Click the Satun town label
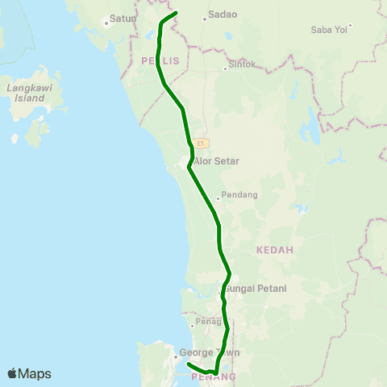[x=123, y=18]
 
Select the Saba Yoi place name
[x=329, y=30]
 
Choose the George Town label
[x=209, y=352]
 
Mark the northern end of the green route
[x=176, y=14]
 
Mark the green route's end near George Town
[x=188, y=364]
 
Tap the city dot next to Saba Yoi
[x=350, y=26]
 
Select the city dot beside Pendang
[x=218, y=196]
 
